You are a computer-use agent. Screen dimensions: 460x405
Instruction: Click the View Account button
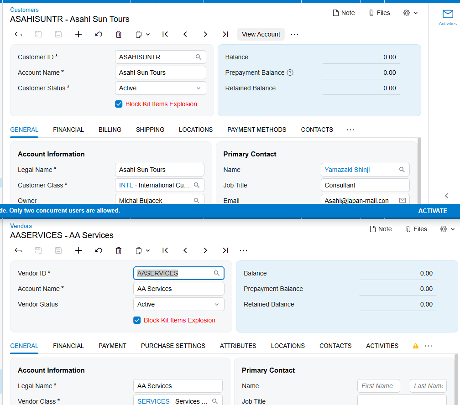pos(261,34)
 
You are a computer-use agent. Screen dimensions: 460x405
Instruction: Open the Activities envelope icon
pos(448,14)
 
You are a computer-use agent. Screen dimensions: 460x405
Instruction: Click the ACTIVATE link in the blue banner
pos(433,211)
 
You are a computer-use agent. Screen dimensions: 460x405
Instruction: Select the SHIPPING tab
pos(150,130)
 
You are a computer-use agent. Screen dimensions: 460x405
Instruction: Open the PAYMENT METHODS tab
pos(256,130)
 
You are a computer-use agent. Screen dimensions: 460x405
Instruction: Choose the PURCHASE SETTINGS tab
pos(173,346)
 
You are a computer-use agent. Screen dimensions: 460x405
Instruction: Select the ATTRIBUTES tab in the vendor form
pos(238,346)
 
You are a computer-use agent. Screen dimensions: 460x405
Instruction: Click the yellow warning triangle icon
pos(416,346)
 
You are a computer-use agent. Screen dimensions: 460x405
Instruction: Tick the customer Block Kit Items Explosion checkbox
pos(119,104)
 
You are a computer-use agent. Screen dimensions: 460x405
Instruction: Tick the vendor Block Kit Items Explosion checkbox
pos(137,320)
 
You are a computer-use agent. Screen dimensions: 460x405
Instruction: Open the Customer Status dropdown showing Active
pos(161,88)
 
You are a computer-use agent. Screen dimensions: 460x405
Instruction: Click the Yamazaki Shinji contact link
pos(347,170)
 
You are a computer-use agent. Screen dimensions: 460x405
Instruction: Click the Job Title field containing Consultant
pos(365,185)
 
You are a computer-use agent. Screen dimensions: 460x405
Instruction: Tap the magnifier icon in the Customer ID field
pos(199,57)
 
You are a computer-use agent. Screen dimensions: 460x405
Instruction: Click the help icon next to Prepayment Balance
pos(290,73)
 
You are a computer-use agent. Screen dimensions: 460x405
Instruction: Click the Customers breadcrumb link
pos(24,10)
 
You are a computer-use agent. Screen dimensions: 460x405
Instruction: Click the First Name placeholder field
pos(378,386)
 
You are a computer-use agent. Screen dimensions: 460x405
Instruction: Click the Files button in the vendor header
pos(416,229)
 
